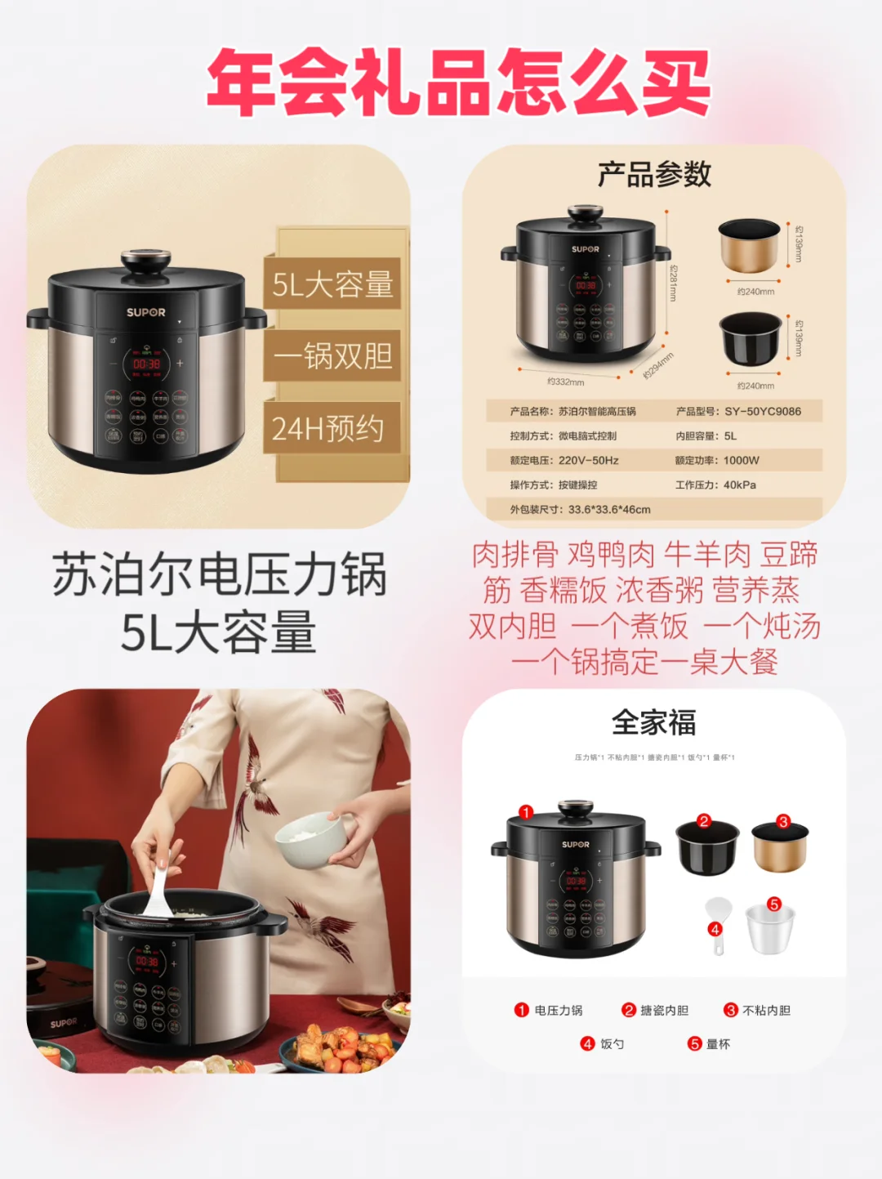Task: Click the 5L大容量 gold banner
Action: [332, 284]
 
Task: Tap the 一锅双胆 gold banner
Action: [332, 355]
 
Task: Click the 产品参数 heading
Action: [654, 174]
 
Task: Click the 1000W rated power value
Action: [741, 461]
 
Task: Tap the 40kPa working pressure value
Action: [739, 485]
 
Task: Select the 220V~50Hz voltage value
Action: [588, 461]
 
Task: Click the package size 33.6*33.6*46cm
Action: [609, 510]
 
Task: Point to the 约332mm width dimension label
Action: [565, 382]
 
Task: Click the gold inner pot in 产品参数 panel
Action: [749, 245]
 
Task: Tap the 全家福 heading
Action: [654, 723]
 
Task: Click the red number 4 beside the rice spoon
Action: [715, 929]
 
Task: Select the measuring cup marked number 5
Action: [769, 930]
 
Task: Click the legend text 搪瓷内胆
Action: [664, 1011]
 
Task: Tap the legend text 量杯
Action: [718, 1044]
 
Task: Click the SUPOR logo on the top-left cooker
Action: [145, 312]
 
